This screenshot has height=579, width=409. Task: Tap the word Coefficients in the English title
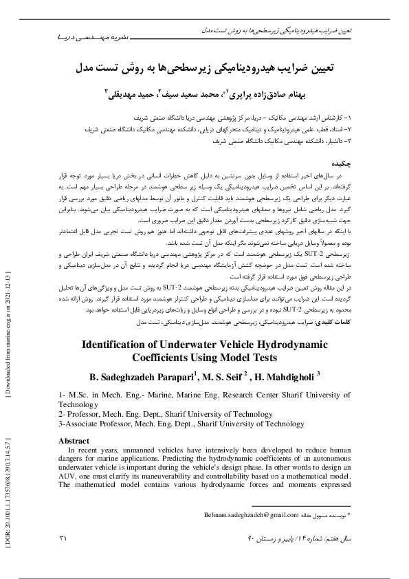(170, 358)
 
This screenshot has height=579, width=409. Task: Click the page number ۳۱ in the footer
(65, 537)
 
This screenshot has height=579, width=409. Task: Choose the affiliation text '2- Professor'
(81, 415)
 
